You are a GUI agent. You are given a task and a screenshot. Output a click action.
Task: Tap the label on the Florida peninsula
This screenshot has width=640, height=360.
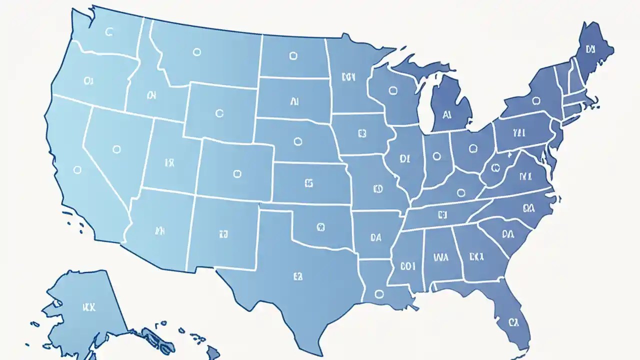[514, 321]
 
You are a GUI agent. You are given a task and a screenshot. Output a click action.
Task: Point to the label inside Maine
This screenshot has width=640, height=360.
[590, 49]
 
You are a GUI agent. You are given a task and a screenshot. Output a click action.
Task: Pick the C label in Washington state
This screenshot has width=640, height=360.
[109, 32]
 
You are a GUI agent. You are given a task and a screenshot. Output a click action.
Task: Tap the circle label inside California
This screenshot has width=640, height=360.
[77, 170]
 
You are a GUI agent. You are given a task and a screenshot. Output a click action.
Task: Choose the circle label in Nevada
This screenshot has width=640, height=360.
[116, 148]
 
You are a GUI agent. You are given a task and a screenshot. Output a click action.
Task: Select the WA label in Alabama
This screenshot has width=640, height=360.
[441, 257]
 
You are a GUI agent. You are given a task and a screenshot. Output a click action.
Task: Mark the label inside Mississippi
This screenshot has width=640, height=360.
[407, 266]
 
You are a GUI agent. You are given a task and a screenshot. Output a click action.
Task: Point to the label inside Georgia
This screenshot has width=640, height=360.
[476, 256]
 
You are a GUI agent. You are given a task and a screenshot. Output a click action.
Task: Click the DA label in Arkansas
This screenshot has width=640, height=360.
[376, 238]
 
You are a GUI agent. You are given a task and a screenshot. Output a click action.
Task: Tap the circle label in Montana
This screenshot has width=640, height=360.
[196, 51]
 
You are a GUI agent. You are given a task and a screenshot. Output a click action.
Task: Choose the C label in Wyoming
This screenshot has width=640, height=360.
[219, 113]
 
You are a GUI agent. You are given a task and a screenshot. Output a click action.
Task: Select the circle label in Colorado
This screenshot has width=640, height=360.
[237, 173]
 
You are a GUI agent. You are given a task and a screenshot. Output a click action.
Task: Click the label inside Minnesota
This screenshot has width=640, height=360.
[348, 77]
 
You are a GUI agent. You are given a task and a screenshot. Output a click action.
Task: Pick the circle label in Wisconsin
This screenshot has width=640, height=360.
[392, 90]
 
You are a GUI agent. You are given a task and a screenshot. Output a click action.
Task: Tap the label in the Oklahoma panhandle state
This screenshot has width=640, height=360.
[321, 227]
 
